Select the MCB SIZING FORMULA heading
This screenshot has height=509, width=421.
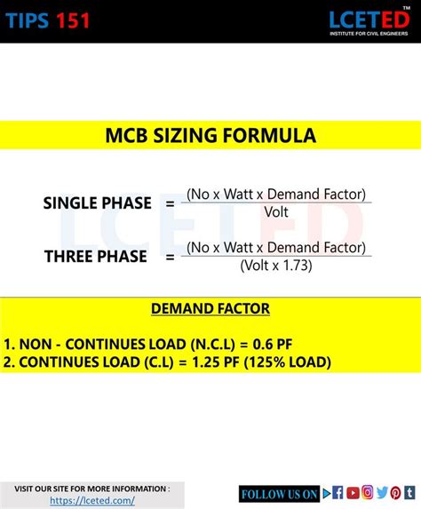click(x=210, y=136)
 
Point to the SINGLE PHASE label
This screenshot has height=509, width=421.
click(x=97, y=203)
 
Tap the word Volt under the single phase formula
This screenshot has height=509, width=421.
click(x=276, y=211)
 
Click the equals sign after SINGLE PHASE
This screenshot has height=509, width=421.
click(x=170, y=203)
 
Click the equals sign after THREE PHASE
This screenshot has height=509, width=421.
click(x=170, y=258)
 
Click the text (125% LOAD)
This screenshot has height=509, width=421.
click(x=285, y=362)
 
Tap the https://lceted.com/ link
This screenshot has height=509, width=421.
click(x=92, y=500)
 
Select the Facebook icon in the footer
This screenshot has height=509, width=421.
click(x=338, y=493)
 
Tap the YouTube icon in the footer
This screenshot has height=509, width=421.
click(x=353, y=493)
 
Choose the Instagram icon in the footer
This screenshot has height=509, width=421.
click(x=367, y=493)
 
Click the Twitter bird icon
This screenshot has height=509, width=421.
click(x=382, y=493)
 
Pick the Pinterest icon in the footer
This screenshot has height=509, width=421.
click(x=396, y=493)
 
